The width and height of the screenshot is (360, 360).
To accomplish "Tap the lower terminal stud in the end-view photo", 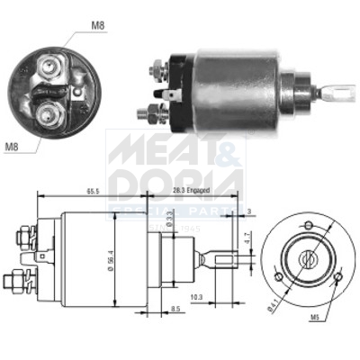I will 48,112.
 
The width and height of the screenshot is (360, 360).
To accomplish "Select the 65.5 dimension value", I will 94,192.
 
